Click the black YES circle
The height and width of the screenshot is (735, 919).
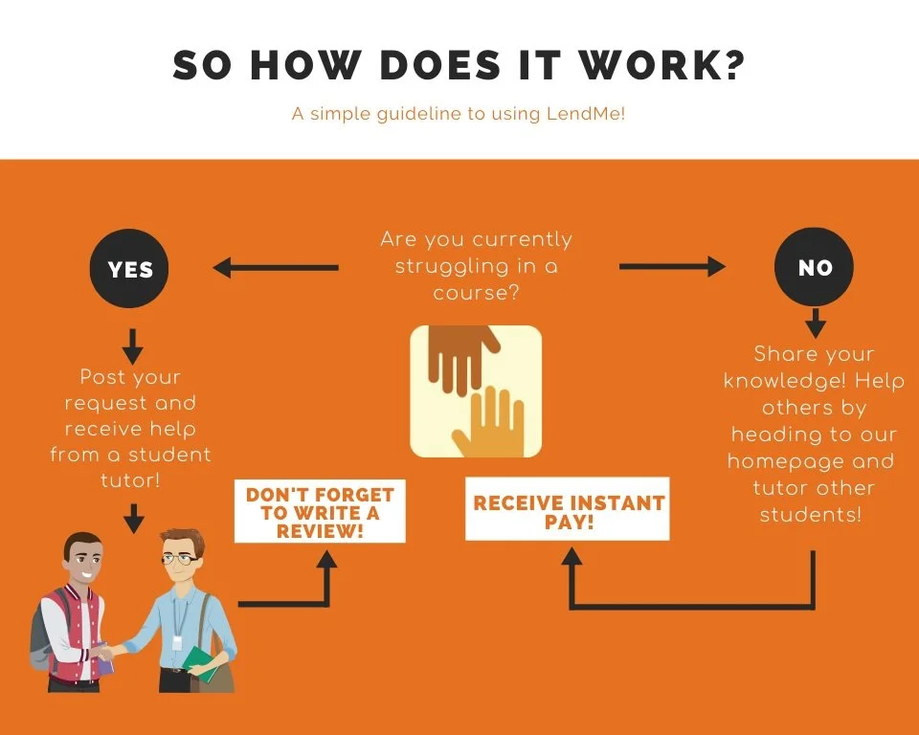coord(130,269)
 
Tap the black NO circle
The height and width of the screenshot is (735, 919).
coord(815,267)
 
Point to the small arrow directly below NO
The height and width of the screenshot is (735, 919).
coord(815,323)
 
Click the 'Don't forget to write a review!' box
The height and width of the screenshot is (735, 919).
coord(320,511)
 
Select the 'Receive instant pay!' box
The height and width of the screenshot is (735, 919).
coord(567,512)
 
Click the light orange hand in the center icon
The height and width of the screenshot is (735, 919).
coord(490,421)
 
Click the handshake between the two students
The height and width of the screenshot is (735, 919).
coord(107,654)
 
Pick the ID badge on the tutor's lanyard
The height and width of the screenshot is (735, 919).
coord(177,640)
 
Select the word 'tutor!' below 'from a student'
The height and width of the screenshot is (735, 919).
coord(132,481)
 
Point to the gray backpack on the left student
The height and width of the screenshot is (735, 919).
coord(38,632)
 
